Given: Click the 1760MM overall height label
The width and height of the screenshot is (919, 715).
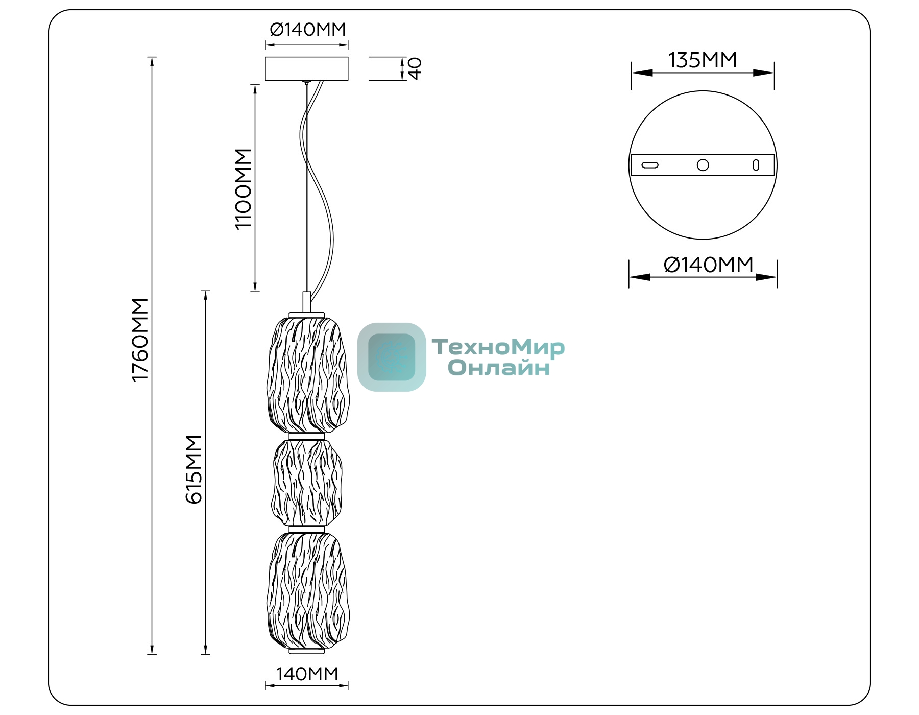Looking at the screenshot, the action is (140, 340).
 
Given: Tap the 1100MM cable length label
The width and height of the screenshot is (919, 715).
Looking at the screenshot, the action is (244, 189).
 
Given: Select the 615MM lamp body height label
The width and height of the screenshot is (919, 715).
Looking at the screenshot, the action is (194, 469).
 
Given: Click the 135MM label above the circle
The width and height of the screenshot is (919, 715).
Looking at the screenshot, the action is (703, 60).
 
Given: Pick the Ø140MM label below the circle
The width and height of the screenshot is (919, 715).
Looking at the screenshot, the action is (709, 265).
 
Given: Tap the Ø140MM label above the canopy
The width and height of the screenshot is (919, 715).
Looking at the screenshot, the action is (308, 30).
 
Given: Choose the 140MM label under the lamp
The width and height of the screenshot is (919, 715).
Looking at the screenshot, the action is (307, 674).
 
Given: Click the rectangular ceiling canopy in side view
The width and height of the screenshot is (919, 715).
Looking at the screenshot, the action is (306, 68).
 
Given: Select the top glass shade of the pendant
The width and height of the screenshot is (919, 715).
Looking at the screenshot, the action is (308, 375).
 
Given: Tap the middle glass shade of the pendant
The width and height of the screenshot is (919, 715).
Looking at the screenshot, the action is (307, 483).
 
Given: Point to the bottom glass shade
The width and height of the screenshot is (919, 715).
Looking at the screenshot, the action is (308, 591).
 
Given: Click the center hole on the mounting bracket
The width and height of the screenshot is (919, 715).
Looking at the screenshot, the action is (703, 165).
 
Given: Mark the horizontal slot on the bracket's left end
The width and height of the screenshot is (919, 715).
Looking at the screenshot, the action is (650, 165).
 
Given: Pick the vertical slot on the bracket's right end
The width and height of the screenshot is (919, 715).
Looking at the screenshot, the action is (756, 165).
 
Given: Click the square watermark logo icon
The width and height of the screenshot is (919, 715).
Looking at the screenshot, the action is (392, 357).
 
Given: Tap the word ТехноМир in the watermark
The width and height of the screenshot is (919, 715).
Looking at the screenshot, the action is (498, 347).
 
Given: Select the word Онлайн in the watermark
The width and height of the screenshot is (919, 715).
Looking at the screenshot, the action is (499, 368).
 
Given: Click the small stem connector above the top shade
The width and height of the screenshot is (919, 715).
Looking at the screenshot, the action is (307, 301).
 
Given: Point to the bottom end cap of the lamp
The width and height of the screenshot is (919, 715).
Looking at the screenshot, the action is (307, 652).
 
